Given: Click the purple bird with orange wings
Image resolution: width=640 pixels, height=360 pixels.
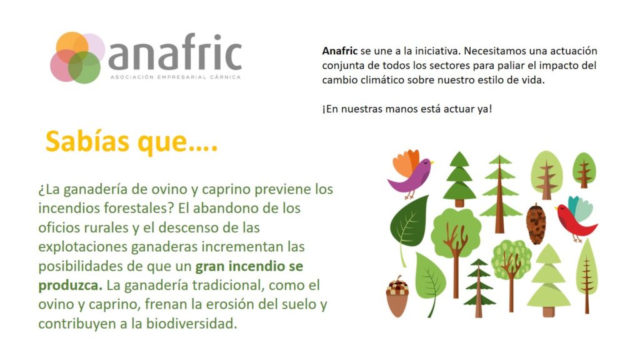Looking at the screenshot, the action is pyautogui.click(x=409, y=174).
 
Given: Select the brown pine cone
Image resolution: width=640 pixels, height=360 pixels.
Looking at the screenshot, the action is pyautogui.click(x=536, y=224).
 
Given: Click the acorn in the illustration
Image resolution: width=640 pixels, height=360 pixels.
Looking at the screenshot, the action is pyautogui.click(x=397, y=297).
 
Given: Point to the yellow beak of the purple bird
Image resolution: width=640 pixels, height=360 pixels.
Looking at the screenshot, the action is pyautogui.click(x=432, y=163).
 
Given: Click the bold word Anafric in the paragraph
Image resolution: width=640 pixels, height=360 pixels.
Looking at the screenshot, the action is pyautogui.click(x=339, y=51).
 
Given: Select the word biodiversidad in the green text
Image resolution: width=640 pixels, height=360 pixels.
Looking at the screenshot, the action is pyautogui.click(x=191, y=324).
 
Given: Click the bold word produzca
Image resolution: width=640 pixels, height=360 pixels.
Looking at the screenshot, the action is pyautogui.click(x=70, y=286).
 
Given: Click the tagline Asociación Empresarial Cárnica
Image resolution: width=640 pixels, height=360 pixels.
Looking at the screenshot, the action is pyautogui.click(x=176, y=77).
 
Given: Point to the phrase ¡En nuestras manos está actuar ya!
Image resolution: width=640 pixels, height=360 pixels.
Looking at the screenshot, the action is pyautogui.click(x=407, y=109).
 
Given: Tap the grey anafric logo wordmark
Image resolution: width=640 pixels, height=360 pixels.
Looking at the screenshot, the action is pyautogui.click(x=175, y=52).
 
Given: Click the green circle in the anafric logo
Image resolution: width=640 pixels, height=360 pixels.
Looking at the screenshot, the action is pyautogui.click(x=84, y=67).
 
